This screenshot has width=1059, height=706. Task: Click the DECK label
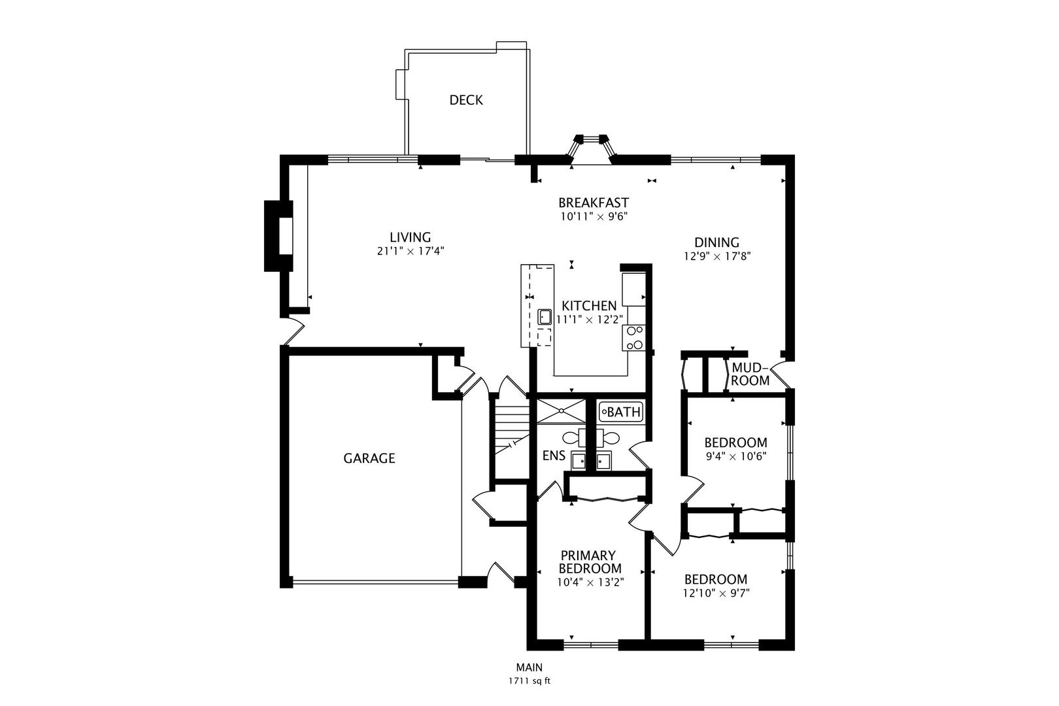(465, 100)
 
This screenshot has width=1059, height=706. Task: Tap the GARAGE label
(369, 458)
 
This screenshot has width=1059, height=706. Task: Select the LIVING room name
(411, 237)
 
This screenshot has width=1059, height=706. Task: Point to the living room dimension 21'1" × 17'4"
(411, 251)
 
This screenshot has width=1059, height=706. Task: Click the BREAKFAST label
(594, 203)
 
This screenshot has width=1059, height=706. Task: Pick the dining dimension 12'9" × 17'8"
(717, 257)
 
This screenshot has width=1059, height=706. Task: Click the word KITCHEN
(589, 305)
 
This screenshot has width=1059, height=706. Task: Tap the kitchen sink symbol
(545, 317)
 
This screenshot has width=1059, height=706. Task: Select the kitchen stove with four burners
(634, 337)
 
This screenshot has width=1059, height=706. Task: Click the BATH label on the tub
(624, 412)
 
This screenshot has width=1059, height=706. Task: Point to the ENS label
(554, 456)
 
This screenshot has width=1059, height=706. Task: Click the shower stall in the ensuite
(560, 411)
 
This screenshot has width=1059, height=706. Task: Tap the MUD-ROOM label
(750, 374)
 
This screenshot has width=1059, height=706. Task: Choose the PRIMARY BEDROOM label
(590, 562)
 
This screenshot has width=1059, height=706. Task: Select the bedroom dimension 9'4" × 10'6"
(735, 457)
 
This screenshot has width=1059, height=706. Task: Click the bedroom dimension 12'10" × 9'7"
(716, 594)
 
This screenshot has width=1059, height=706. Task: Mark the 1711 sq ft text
(529, 681)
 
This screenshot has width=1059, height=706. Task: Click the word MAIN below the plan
(529, 667)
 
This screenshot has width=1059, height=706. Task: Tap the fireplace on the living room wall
(278, 236)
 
